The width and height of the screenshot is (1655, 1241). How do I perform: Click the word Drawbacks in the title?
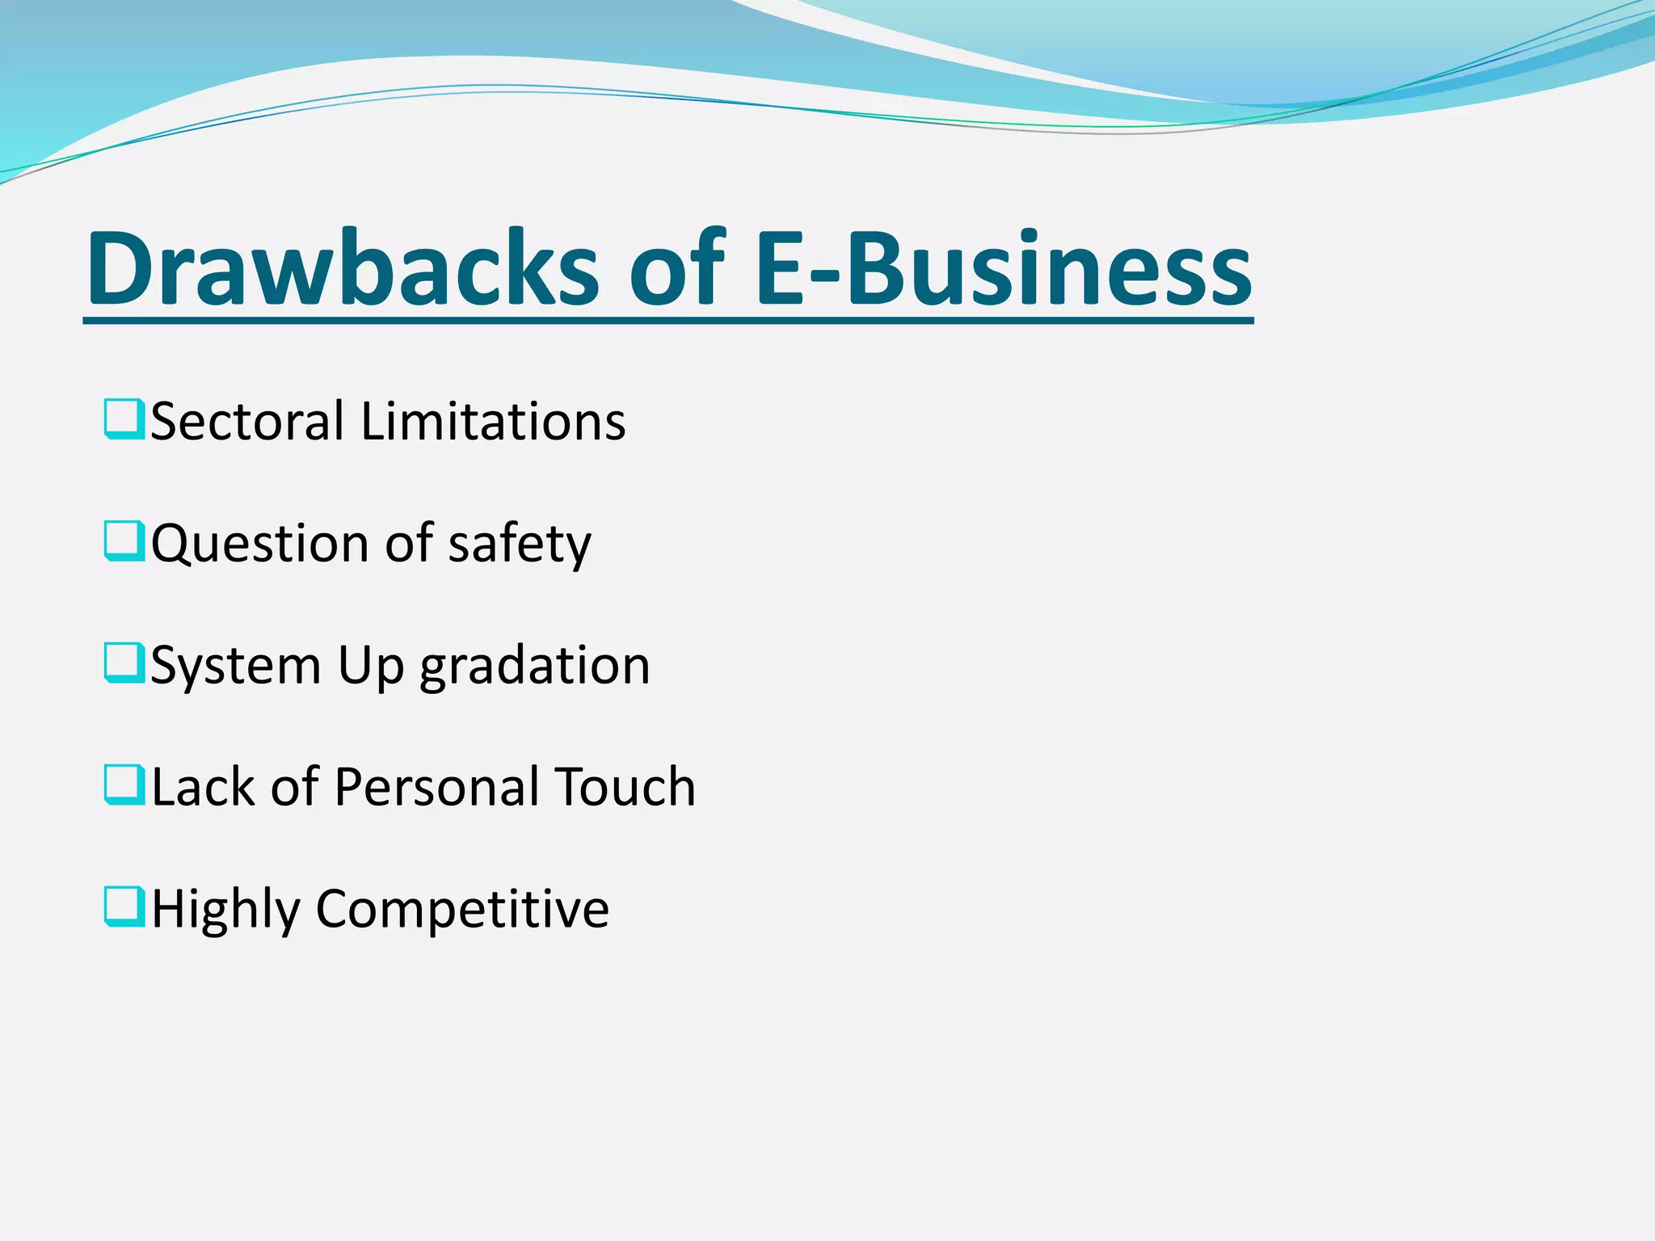click(343, 269)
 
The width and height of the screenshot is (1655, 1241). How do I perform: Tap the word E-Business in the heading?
click(1002, 269)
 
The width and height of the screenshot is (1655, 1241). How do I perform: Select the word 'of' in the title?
click(677, 269)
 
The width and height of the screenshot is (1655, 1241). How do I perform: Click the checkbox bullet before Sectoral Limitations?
click(124, 419)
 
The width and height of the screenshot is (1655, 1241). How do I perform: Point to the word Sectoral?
click(247, 422)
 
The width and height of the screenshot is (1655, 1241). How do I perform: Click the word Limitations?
click(493, 422)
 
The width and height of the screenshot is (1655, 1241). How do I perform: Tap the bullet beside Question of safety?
click(124, 541)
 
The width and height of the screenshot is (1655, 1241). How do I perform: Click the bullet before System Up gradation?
click(124, 663)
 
